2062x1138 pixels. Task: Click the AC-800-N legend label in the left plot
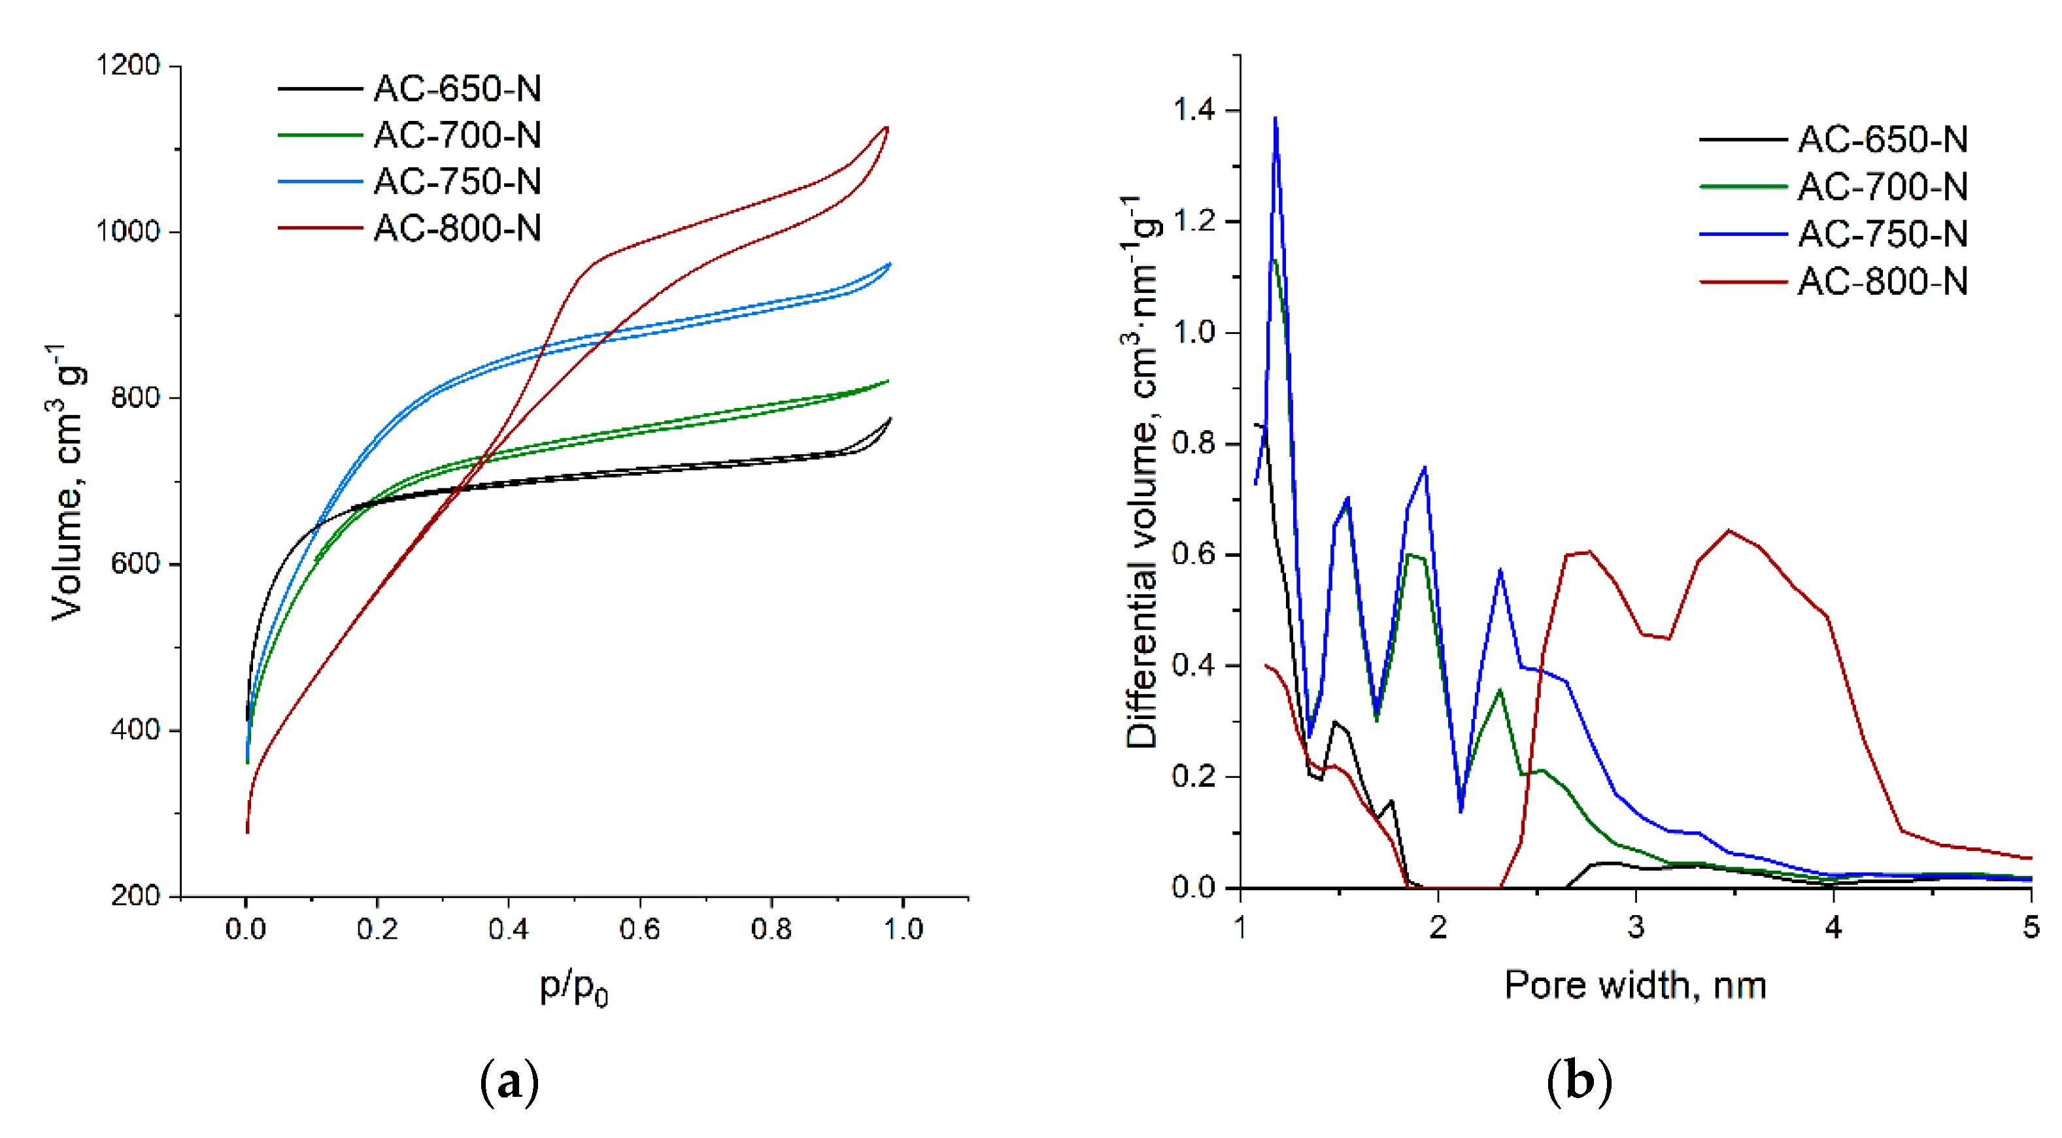457,229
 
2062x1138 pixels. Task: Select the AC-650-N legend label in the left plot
457,88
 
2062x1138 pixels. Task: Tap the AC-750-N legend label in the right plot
1882,234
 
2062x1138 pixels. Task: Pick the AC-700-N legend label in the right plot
1882,186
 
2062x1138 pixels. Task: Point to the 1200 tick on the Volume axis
128,65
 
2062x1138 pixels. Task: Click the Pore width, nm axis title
1634,984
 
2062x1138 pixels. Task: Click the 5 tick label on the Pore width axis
2031,928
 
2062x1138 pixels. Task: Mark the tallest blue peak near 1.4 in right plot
1275,118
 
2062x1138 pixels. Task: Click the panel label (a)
509,1082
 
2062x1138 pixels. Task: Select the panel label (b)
1578,1082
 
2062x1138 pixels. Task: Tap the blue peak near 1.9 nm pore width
1425,467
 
